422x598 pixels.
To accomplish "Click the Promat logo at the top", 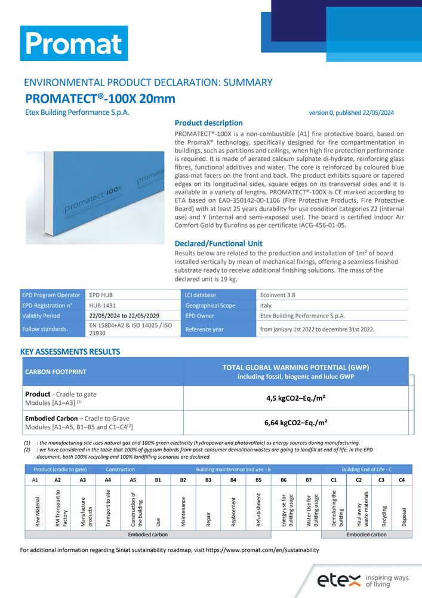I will (x=74, y=43).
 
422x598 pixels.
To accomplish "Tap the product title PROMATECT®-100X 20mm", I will (x=100, y=99).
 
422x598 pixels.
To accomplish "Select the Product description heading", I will (x=208, y=123).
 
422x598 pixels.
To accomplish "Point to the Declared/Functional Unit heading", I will (x=218, y=243).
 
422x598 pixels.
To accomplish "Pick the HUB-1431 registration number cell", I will (x=133, y=305).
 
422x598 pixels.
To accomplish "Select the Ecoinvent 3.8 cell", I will (x=332, y=295).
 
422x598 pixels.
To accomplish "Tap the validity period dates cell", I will (x=133, y=316).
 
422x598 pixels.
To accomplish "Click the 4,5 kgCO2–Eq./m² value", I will (x=296, y=398).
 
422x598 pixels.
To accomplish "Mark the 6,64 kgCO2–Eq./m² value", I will (x=296, y=423).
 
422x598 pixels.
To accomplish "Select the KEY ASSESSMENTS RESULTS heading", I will (x=70, y=352).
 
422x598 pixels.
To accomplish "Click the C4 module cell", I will (x=402, y=480).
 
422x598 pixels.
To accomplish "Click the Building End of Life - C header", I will (x=367, y=469).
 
